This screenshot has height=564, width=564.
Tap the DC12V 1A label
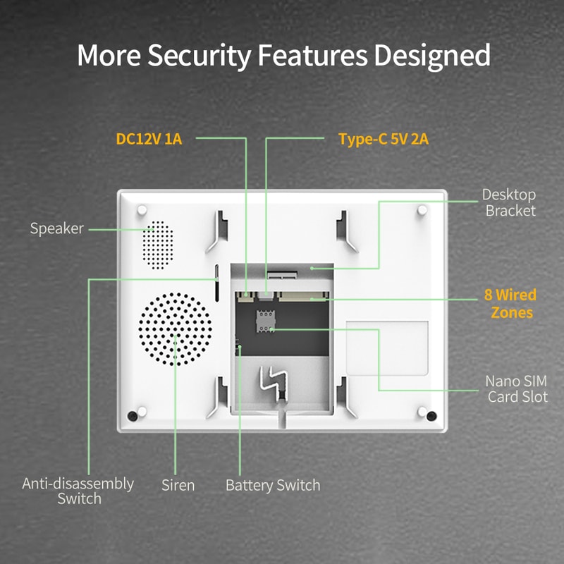click(x=149, y=139)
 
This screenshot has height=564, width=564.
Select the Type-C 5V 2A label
click(x=384, y=139)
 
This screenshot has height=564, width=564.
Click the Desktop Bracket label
click(x=509, y=202)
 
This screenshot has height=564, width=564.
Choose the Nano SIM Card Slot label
click(x=517, y=389)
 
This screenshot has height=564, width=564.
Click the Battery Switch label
click(x=273, y=485)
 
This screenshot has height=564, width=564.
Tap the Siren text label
click(x=178, y=485)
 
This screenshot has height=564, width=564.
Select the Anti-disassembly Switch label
click(x=79, y=491)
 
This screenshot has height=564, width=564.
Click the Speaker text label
click(x=57, y=228)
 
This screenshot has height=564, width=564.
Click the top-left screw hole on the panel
click(x=142, y=210)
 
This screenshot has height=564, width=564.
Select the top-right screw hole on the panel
click(x=422, y=210)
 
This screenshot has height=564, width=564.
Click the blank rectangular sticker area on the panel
click(x=387, y=349)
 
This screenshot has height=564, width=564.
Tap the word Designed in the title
click(x=432, y=55)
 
